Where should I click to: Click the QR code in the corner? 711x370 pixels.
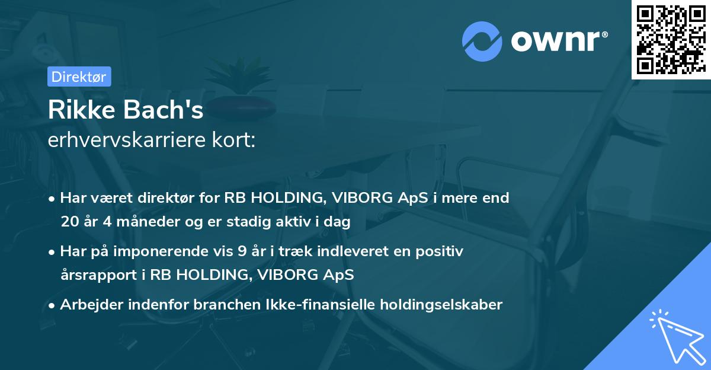click(671, 40)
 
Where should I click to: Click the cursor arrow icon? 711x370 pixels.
click(675, 335)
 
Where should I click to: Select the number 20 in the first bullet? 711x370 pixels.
click(70, 222)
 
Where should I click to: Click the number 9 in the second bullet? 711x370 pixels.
click(242, 251)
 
